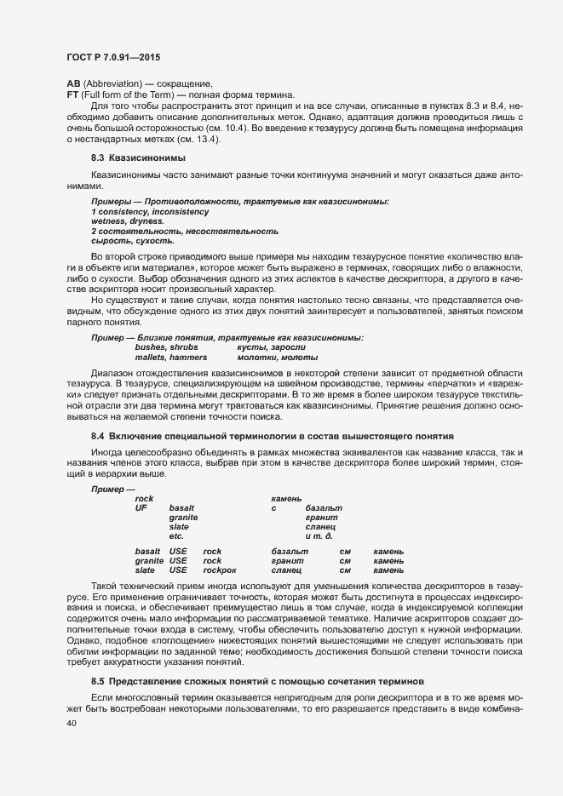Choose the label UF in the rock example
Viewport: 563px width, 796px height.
coord(141,508)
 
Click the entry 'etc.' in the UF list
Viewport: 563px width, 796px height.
coord(176,536)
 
